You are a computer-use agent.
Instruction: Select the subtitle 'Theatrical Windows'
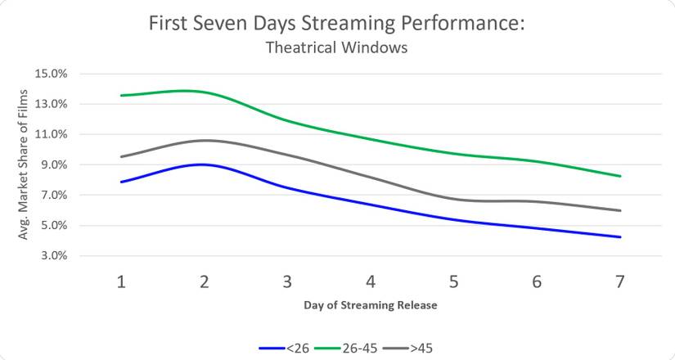point(336,48)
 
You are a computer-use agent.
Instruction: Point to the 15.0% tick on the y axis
point(51,74)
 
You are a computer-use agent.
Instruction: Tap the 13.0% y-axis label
point(51,104)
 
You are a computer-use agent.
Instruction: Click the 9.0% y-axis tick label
point(51,164)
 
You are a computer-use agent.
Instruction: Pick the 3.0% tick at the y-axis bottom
point(51,256)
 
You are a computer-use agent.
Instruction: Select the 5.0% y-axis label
point(51,226)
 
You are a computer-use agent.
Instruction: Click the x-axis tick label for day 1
point(121,281)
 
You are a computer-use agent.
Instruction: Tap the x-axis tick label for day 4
point(371,281)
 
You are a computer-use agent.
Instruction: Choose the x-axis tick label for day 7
point(620,281)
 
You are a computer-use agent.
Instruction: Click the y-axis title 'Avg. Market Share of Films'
point(22,164)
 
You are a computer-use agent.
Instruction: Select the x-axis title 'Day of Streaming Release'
point(371,306)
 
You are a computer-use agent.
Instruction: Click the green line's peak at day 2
point(205,92)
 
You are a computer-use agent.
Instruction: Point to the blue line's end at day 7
point(620,237)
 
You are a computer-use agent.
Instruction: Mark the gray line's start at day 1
point(121,156)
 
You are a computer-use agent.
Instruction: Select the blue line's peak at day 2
point(205,164)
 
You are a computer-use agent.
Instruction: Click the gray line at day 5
point(454,199)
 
